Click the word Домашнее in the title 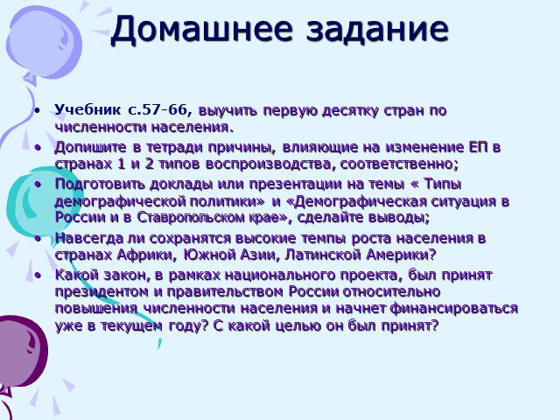[202, 29]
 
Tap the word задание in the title [377, 29]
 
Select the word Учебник [87, 110]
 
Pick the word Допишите [91, 148]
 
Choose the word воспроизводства [270, 164]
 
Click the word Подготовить [100, 185]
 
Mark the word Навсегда [89, 239]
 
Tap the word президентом [101, 292]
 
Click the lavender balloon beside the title [44, 44]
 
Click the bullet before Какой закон [38, 276]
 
